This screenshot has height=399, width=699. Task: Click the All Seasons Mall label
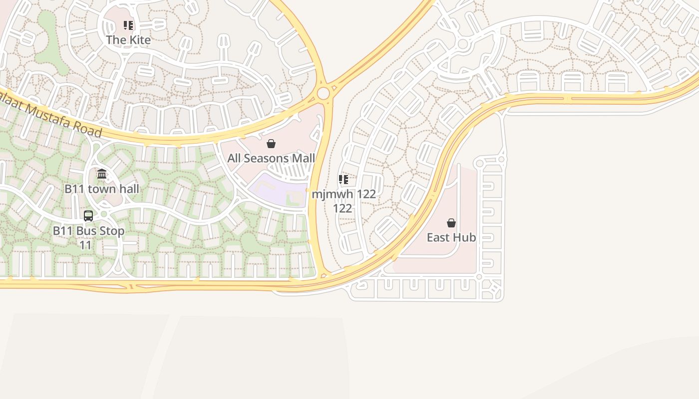(x=271, y=159)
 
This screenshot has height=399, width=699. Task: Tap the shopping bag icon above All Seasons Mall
(x=271, y=144)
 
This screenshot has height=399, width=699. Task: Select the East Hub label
(x=451, y=237)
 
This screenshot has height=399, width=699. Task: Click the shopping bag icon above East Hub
(x=451, y=223)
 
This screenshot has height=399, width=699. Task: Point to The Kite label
(x=128, y=40)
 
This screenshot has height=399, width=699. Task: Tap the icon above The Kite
(x=128, y=25)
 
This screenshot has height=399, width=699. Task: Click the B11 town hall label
(x=102, y=189)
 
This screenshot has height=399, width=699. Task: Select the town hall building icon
(x=102, y=174)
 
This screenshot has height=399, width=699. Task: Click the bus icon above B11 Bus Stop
(x=88, y=216)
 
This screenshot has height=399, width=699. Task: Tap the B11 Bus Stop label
(x=88, y=231)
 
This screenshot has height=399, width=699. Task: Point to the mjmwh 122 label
(x=344, y=194)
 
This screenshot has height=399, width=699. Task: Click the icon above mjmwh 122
(x=344, y=180)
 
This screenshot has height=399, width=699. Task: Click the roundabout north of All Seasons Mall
(x=324, y=93)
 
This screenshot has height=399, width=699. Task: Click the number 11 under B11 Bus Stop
(x=86, y=245)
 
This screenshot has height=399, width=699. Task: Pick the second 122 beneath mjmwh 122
(x=343, y=208)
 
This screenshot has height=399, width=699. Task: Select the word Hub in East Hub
(x=465, y=237)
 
